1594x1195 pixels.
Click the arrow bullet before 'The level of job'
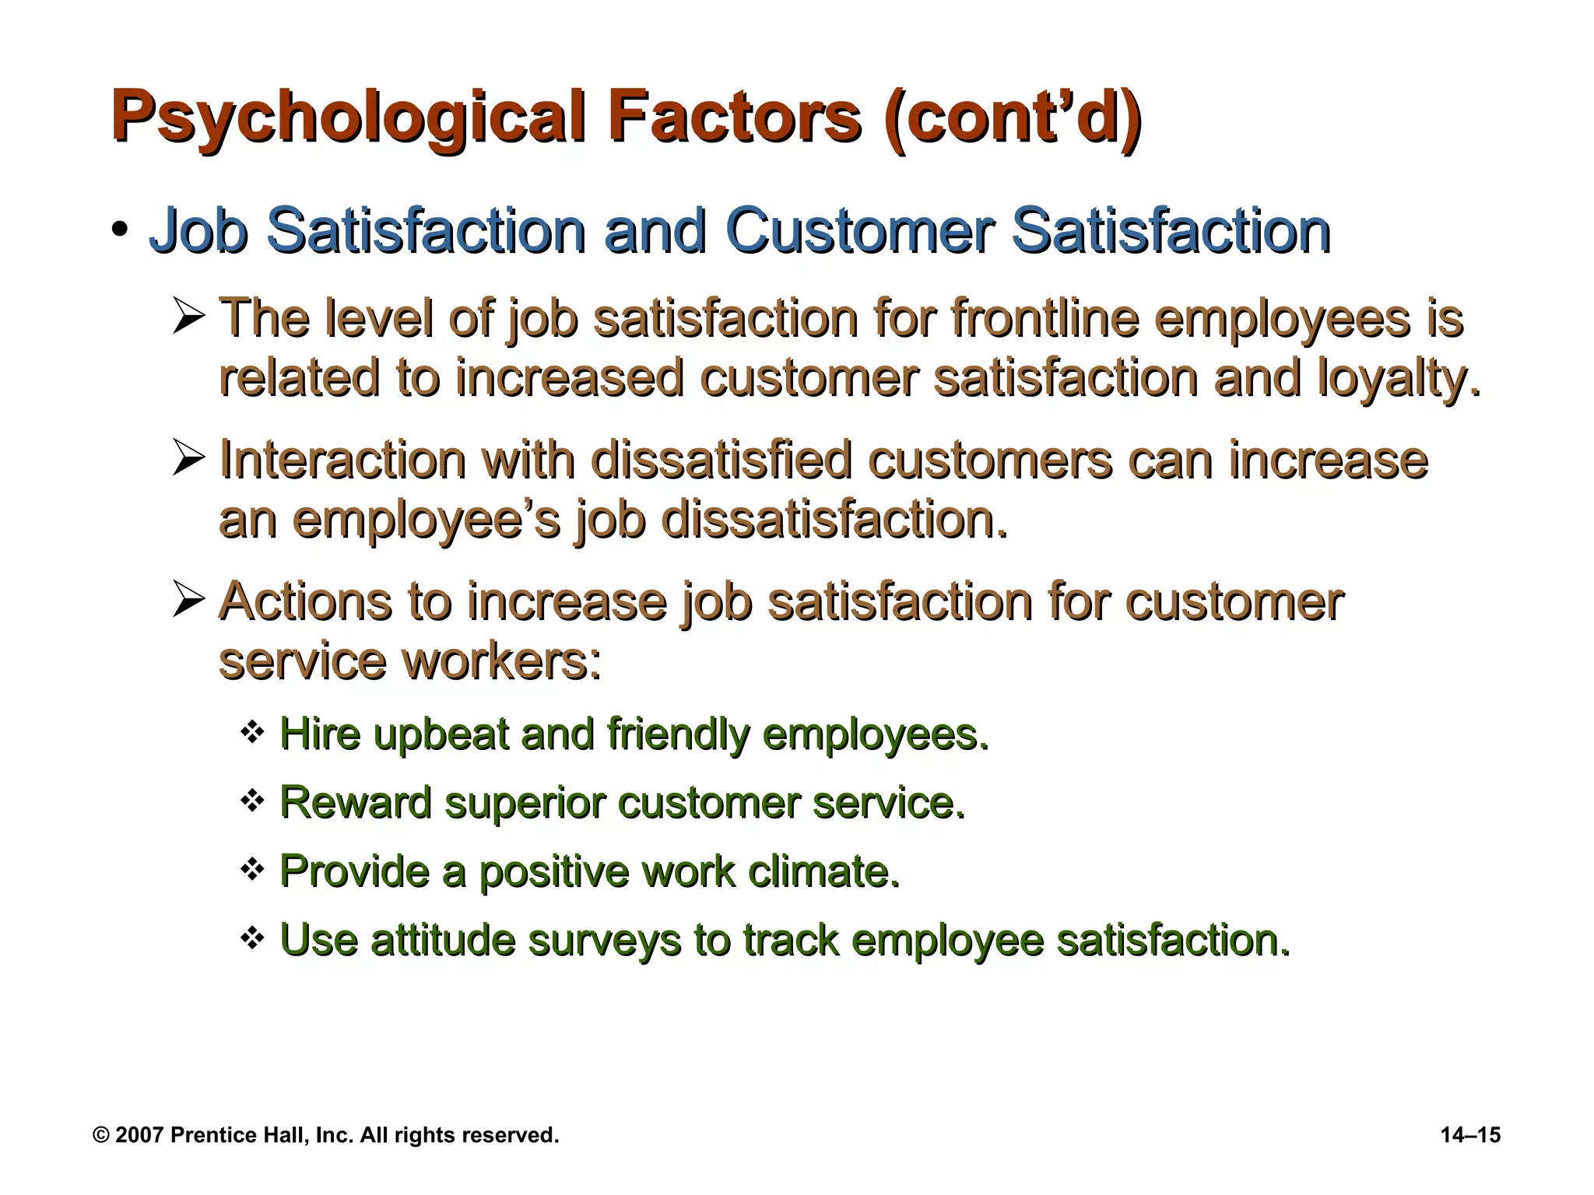(x=188, y=318)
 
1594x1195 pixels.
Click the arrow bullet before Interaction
(x=188, y=459)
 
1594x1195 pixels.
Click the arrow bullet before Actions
(x=188, y=601)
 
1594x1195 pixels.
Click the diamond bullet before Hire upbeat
(x=252, y=732)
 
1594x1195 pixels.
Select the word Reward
(x=355, y=802)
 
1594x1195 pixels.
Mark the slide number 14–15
(x=1470, y=1135)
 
